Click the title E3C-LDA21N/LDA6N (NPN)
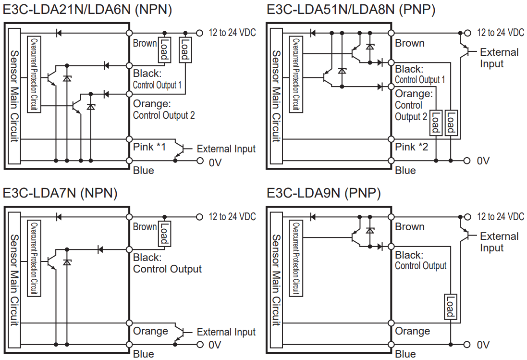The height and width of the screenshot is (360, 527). coord(87,9)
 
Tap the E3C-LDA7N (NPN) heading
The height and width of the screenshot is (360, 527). coord(60,193)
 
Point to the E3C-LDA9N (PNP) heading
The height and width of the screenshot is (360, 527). coord(323,193)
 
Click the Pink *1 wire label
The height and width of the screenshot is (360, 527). coord(149,147)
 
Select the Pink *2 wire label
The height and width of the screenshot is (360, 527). coord(411,147)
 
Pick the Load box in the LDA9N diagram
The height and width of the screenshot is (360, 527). coord(450,307)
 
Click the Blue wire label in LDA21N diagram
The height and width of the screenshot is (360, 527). coord(144,171)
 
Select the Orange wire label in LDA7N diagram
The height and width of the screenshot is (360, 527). coord(150,331)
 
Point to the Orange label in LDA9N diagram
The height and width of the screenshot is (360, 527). coord(412,331)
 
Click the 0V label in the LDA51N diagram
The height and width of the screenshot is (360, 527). coord(483,161)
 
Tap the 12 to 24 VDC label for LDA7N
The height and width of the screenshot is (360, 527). coord(232,217)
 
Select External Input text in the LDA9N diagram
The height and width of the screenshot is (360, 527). coord(499,242)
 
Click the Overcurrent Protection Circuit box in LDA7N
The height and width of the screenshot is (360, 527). coord(35,259)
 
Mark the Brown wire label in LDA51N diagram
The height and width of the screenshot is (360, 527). coord(410,43)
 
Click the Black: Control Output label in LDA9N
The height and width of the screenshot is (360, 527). coord(420,260)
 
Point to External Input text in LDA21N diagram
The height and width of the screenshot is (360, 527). coord(226,149)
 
